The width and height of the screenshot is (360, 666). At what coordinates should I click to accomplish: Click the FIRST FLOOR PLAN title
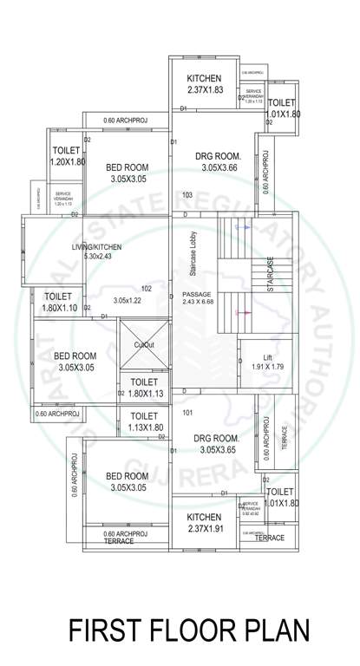click(x=188, y=629)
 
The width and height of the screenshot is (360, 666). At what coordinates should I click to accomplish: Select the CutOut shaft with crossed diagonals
click(x=144, y=344)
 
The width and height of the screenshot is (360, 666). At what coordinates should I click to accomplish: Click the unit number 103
click(x=187, y=195)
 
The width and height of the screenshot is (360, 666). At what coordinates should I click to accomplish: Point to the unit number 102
click(x=147, y=288)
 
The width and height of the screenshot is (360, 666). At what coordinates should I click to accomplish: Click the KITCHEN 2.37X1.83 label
click(x=205, y=84)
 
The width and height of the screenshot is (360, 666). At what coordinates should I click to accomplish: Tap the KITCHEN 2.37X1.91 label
click(x=205, y=523)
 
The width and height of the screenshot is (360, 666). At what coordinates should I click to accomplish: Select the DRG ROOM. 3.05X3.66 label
click(x=213, y=161)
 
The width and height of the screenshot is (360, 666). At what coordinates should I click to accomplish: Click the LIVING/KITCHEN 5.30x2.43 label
click(x=96, y=252)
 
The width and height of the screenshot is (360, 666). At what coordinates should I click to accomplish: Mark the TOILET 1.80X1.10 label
click(x=60, y=302)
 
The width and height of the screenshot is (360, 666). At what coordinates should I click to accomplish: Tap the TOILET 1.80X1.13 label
click(x=144, y=388)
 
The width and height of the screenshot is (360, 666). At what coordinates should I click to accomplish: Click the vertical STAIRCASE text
click(x=272, y=276)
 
